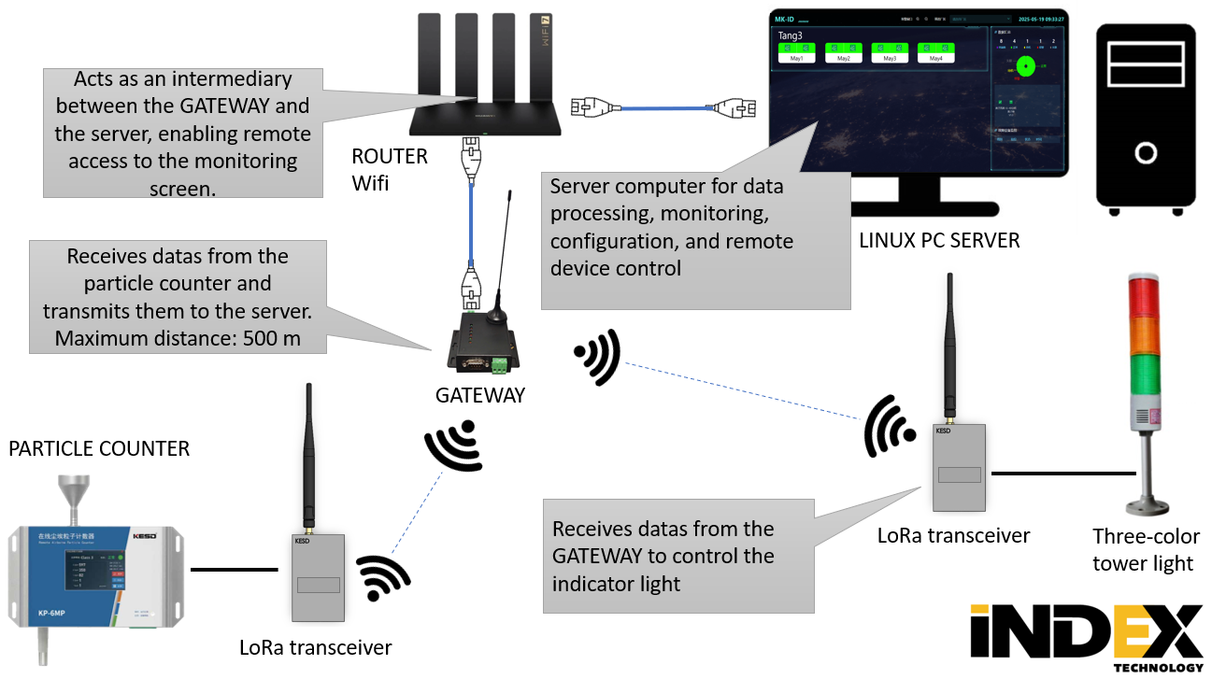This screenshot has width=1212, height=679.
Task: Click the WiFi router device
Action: [x=485, y=112]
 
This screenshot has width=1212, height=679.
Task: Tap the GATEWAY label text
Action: [x=480, y=395]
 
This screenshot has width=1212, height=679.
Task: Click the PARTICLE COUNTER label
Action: [x=99, y=449]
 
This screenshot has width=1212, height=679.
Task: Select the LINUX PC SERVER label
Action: [x=939, y=241]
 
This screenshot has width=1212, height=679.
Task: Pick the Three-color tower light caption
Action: [x=1143, y=550]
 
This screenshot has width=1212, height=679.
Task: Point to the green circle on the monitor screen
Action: [x=1025, y=65]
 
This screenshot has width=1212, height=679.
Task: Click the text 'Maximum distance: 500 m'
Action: [x=178, y=337]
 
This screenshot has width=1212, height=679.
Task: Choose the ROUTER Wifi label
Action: [x=389, y=169]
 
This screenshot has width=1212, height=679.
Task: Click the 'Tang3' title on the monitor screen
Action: [x=791, y=35]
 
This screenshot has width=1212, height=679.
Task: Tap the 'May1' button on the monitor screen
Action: [x=797, y=58]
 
